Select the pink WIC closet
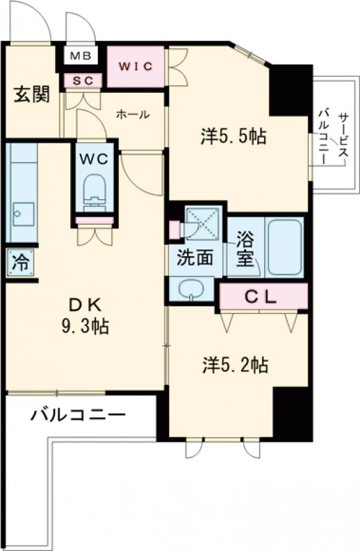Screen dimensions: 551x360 (x=136, y=65)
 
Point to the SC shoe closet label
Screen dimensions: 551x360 (x=83, y=80)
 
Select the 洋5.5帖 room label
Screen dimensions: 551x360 (x=233, y=137)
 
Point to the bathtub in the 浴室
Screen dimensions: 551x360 (x=284, y=246)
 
